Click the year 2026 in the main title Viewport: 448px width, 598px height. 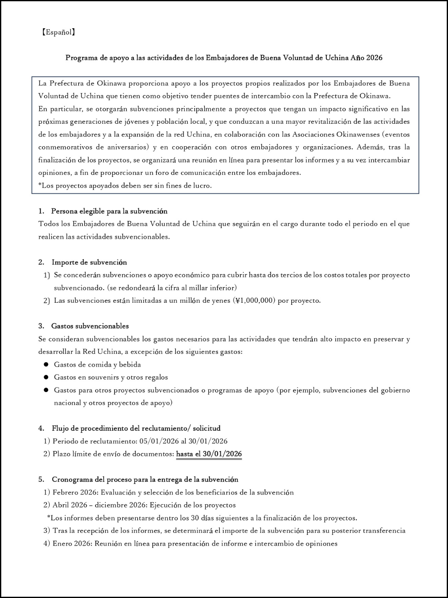click(374, 58)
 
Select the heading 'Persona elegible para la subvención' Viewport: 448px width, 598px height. click(109, 211)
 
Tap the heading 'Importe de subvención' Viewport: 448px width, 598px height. click(89, 262)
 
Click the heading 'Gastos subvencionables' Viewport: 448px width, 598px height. click(90, 326)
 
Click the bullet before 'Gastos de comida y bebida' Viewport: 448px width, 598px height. click(46, 365)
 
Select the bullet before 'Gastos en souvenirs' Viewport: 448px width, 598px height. click(46, 377)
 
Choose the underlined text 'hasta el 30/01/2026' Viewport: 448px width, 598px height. click(209, 454)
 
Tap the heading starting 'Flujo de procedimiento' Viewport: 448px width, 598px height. click(136, 428)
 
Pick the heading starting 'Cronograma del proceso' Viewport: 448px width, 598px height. click(145, 480)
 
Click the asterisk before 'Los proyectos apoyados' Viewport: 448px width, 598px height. click(40, 185)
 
